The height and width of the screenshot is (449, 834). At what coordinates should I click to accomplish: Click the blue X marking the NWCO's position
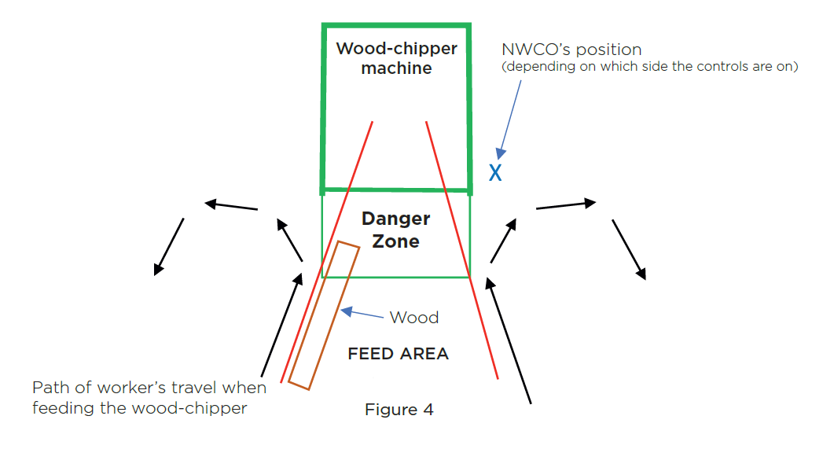pos(495,173)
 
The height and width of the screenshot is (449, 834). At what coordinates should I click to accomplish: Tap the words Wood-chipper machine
pos(396,58)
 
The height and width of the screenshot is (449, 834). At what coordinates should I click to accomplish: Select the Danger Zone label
pos(396,230)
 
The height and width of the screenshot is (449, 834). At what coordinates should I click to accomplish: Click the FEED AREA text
pos(398,354)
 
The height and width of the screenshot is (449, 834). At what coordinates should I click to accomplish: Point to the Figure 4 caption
pos(399,410)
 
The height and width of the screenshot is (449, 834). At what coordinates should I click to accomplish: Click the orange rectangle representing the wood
pos(324,315)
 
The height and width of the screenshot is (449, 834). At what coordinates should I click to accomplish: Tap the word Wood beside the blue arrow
pos(414,318)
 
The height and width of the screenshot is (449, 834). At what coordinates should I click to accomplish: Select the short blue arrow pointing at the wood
pos(362,314)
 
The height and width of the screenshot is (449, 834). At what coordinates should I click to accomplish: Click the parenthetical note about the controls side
pos(649,67)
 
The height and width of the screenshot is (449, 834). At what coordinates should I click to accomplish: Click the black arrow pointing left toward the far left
pos(231,206)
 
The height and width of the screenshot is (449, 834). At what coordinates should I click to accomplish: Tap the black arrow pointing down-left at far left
pos(169,246)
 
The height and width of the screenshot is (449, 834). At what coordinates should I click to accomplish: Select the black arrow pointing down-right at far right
pos(629,249)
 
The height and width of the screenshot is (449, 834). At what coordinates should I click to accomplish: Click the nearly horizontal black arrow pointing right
pos(566,205)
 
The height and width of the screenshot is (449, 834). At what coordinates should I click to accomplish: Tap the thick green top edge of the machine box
pos(396,26)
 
